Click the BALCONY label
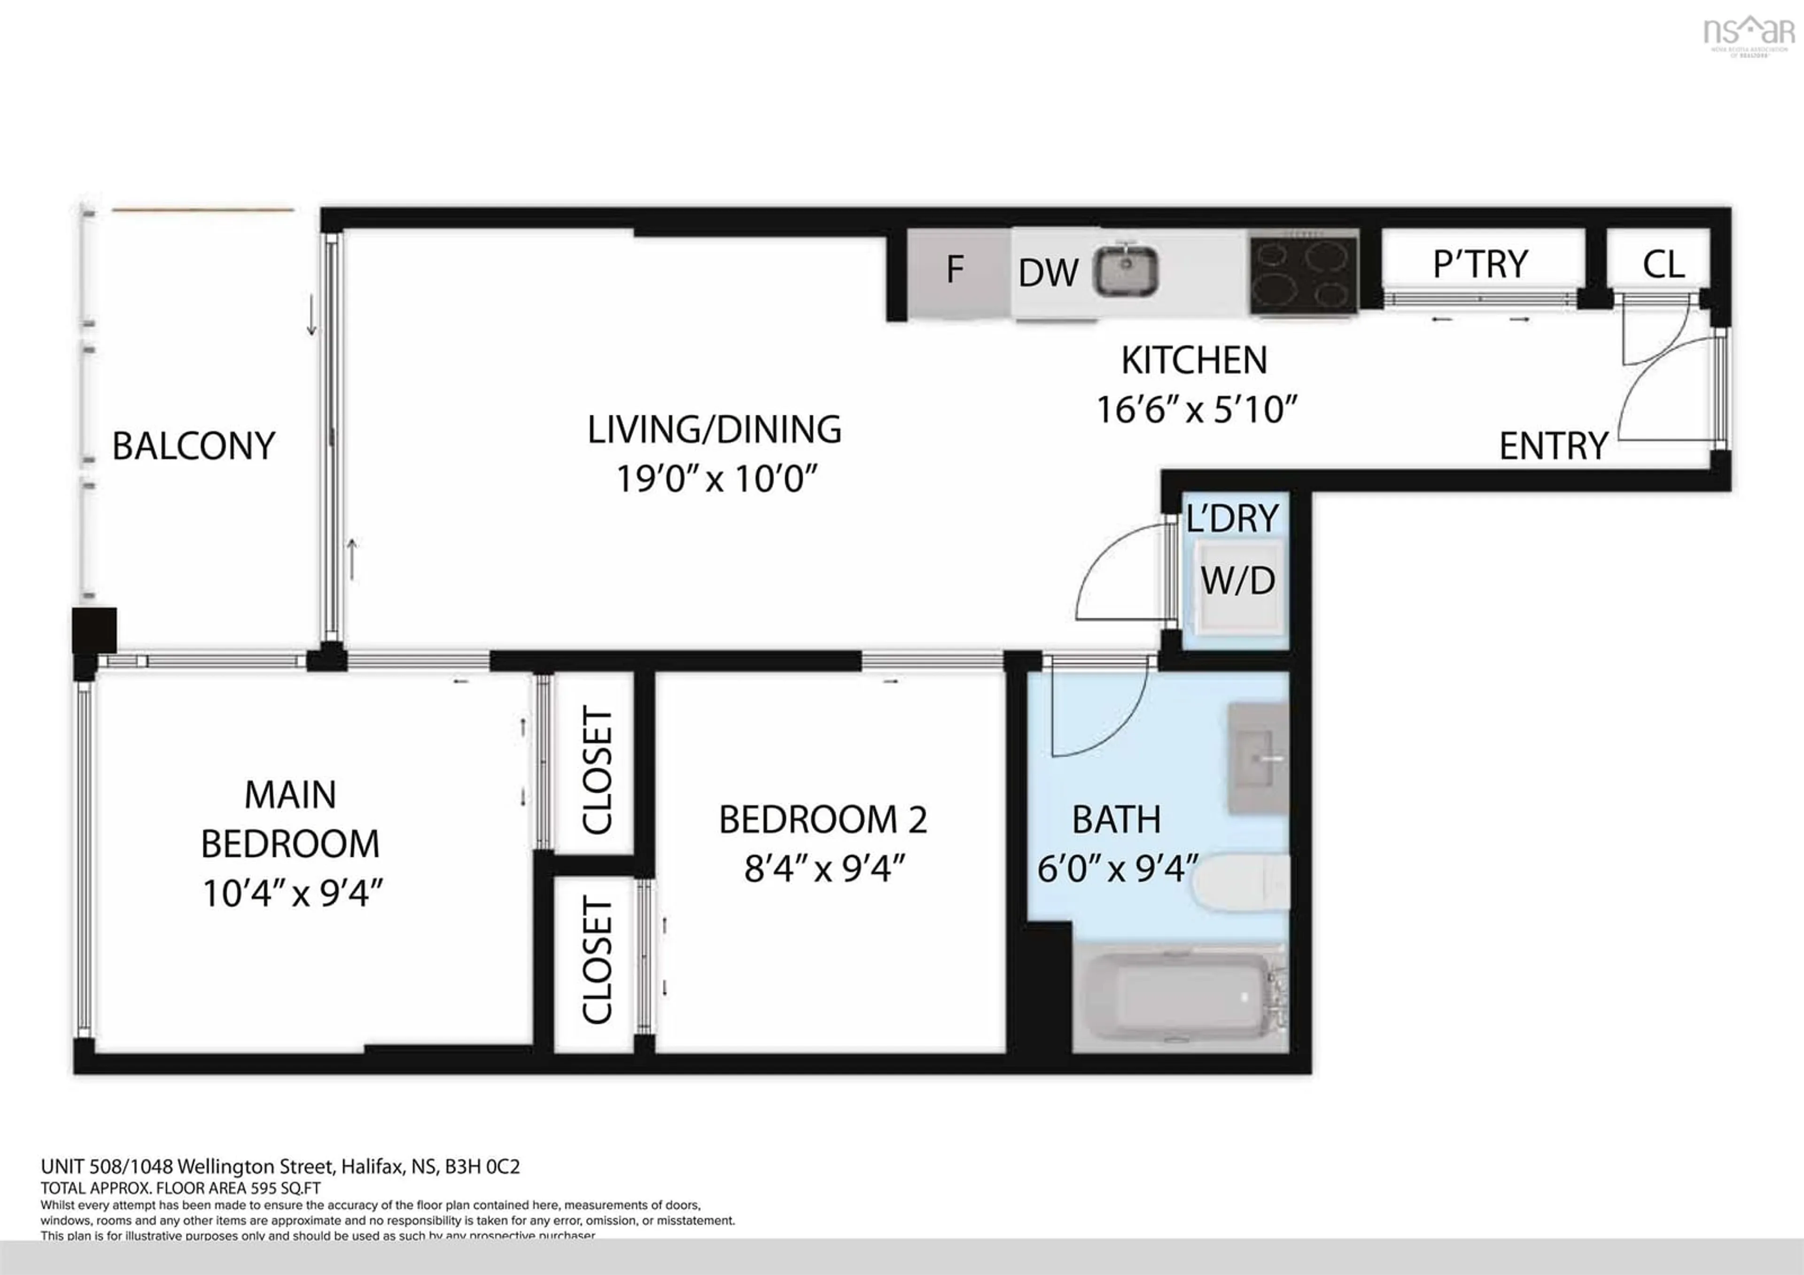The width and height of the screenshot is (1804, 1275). (x=193, y=446)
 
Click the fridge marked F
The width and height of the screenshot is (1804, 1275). (x=956, y=271)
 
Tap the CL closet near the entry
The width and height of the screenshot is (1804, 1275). (x=1663, y=265)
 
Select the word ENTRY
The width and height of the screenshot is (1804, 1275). (x=1553, y=446)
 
